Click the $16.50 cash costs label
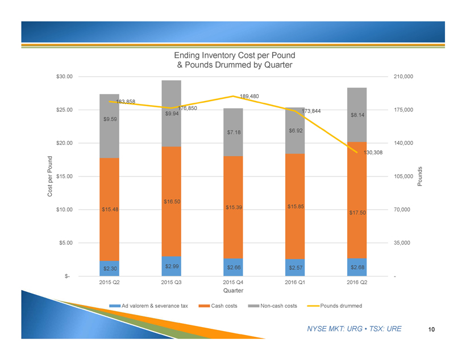[x=172, y=202]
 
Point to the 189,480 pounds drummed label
[x=249, y=97]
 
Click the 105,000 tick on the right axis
[x=401, y=177]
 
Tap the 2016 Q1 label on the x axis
[x=295, y=282]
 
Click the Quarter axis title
[x=233, y=291]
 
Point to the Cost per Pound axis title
[x=50, y=176]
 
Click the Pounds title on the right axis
[x=421, y=177]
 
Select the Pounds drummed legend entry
[x=340, y=306]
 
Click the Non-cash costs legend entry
[x=278, y=306]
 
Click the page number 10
[x=432, y=329]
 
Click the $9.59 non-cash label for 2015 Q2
[x=110, y=119]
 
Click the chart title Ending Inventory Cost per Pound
[x=235, y=56]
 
